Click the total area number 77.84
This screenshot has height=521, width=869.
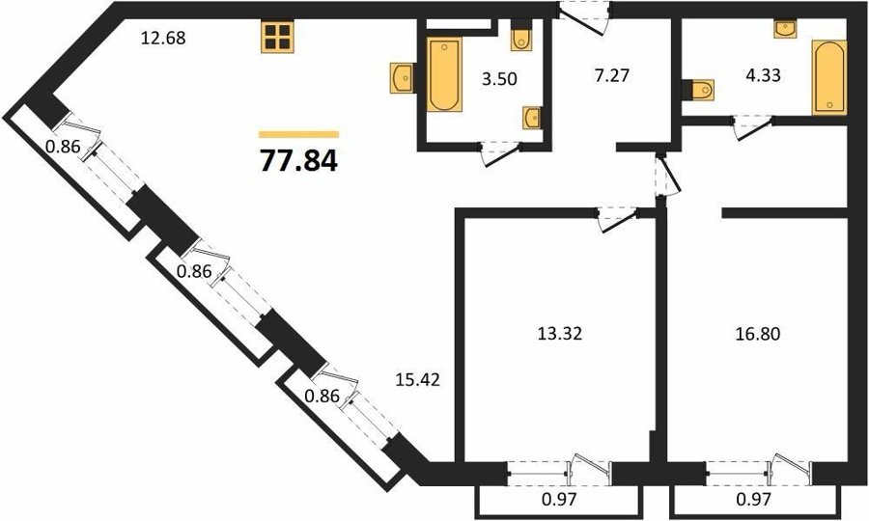(298, 161)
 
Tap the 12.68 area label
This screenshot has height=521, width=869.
(163, 39)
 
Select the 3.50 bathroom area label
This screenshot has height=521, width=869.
(499, 79)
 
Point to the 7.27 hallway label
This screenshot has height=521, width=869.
(612, 74)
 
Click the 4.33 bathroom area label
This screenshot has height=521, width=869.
(763, 74)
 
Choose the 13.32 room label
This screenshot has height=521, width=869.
(560, 333)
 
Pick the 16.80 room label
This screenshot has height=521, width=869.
(758, 333)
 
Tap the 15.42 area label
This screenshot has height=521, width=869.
(418, 380)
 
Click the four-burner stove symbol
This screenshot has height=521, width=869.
(277, 38)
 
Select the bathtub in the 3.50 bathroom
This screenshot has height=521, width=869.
(444, 74)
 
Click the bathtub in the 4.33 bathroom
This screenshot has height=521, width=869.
(829, 77)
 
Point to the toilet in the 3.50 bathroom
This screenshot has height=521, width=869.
(521, 36)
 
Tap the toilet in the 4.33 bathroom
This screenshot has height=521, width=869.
(698, 90)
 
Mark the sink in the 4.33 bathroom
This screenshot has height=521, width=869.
(785, 29)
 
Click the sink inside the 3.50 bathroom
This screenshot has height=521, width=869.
(532, 118)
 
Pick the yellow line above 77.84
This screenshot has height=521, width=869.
(298, 134)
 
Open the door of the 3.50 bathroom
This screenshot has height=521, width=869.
(500, 153)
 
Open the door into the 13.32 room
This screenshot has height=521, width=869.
(617, 218)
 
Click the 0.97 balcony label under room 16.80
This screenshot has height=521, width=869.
(754, 500)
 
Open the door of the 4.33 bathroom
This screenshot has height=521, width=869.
(752, 127)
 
